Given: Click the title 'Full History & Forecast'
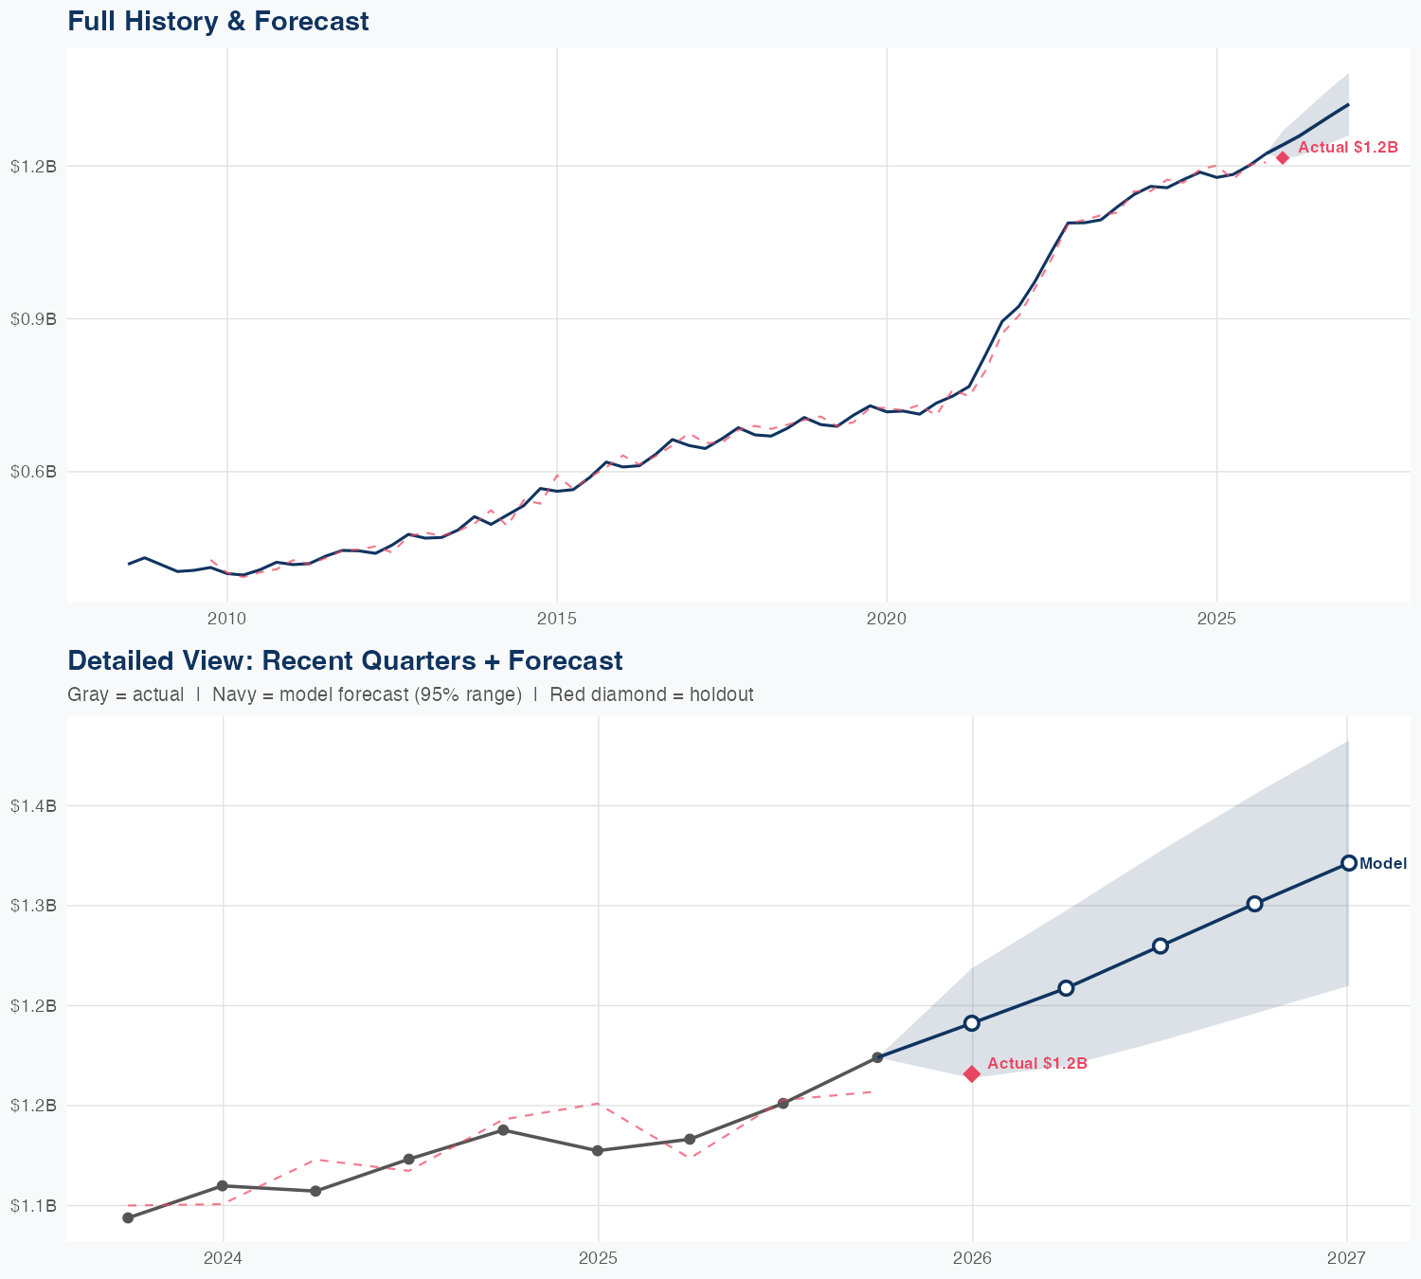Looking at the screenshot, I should tap(218, 21).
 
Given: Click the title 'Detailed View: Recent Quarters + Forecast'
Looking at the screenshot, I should tap(345, 660).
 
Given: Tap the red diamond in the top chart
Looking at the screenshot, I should tap(1282, 157).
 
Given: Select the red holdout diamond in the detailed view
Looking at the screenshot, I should tap(971, 1073).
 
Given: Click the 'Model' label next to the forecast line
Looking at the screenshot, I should tap(1382, 863).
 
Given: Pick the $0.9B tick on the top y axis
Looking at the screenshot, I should tap(33, 319).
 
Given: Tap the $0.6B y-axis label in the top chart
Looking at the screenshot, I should tap(33, 472).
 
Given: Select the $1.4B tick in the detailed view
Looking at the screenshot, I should tap(33, 806).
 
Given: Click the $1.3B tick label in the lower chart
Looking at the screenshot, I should tap(33, 906).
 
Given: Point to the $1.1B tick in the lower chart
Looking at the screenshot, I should tap(33, 1206).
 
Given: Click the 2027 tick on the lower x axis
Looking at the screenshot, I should tap(1346, 1258).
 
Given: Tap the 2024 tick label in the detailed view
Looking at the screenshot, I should tap(223, 1258).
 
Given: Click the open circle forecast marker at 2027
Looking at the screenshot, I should tap(1348, 862).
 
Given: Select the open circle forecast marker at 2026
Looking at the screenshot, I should tap(971, 1022).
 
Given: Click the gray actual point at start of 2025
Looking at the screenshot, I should tap(598, 1150).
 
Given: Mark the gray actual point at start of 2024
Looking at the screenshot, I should tap(223, 1185).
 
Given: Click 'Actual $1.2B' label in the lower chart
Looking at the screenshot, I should tap(1036, 1063).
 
